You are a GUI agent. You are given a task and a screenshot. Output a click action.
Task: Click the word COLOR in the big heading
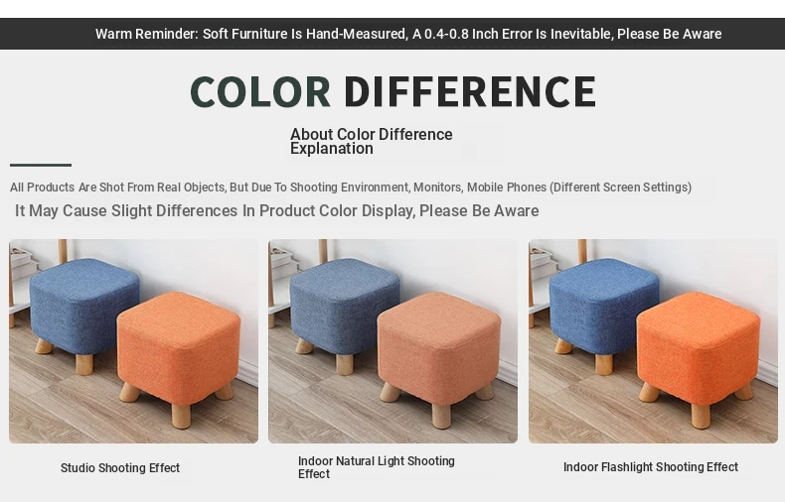tap(259, 91)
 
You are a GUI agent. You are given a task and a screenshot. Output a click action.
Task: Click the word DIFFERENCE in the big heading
tap(470, 91)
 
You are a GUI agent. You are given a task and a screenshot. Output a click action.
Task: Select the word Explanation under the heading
tap(332, 149)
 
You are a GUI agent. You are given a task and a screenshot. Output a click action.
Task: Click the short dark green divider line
tap(41, 165)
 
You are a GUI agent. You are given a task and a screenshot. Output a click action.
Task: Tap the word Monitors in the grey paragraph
tap(437, 188)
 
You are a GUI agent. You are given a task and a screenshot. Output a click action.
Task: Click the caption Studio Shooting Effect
tap(120, 468)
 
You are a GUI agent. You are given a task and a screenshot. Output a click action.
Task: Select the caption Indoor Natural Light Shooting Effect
tap(377, 467)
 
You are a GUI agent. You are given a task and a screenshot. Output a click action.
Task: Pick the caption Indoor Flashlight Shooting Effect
tap(651, 467)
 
